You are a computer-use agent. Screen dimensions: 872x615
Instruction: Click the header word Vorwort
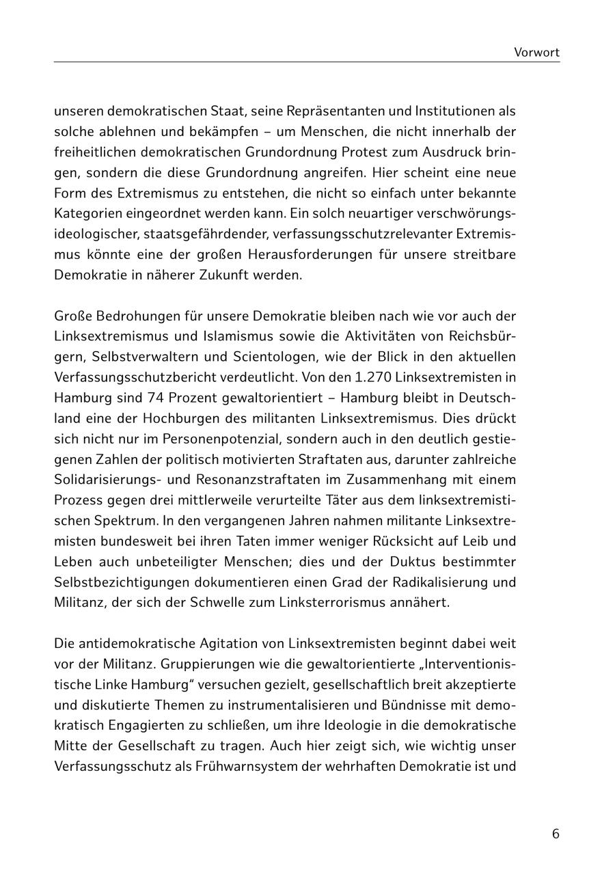click(x=536, y=52)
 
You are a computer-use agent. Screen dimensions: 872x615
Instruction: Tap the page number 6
click(x=556, y=834)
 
